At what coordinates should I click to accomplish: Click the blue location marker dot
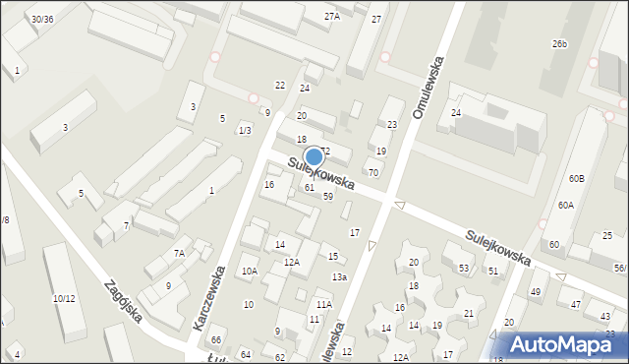tap(314, 156)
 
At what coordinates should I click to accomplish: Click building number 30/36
tap(41, 19)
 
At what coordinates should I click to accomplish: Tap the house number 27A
tap(332, 16)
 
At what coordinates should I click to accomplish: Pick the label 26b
tap(560, 44)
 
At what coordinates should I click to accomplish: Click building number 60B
tap(576, 178)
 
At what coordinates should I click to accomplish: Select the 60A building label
tap(565, 206)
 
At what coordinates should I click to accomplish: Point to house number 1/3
tap(245, 131)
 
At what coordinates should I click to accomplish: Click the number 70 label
tap(373, 172)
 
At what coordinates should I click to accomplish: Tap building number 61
tap(309, 187)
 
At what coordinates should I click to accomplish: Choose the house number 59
tap(328, 197)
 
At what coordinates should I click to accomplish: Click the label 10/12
tap(64, 298)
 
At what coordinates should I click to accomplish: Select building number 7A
tap(179, 254)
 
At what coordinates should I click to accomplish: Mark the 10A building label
tap(250, 271)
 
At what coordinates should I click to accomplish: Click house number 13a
tap(339, 277)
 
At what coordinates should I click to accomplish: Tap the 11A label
tap(323, 305)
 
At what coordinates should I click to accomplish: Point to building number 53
tap(464, 269)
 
